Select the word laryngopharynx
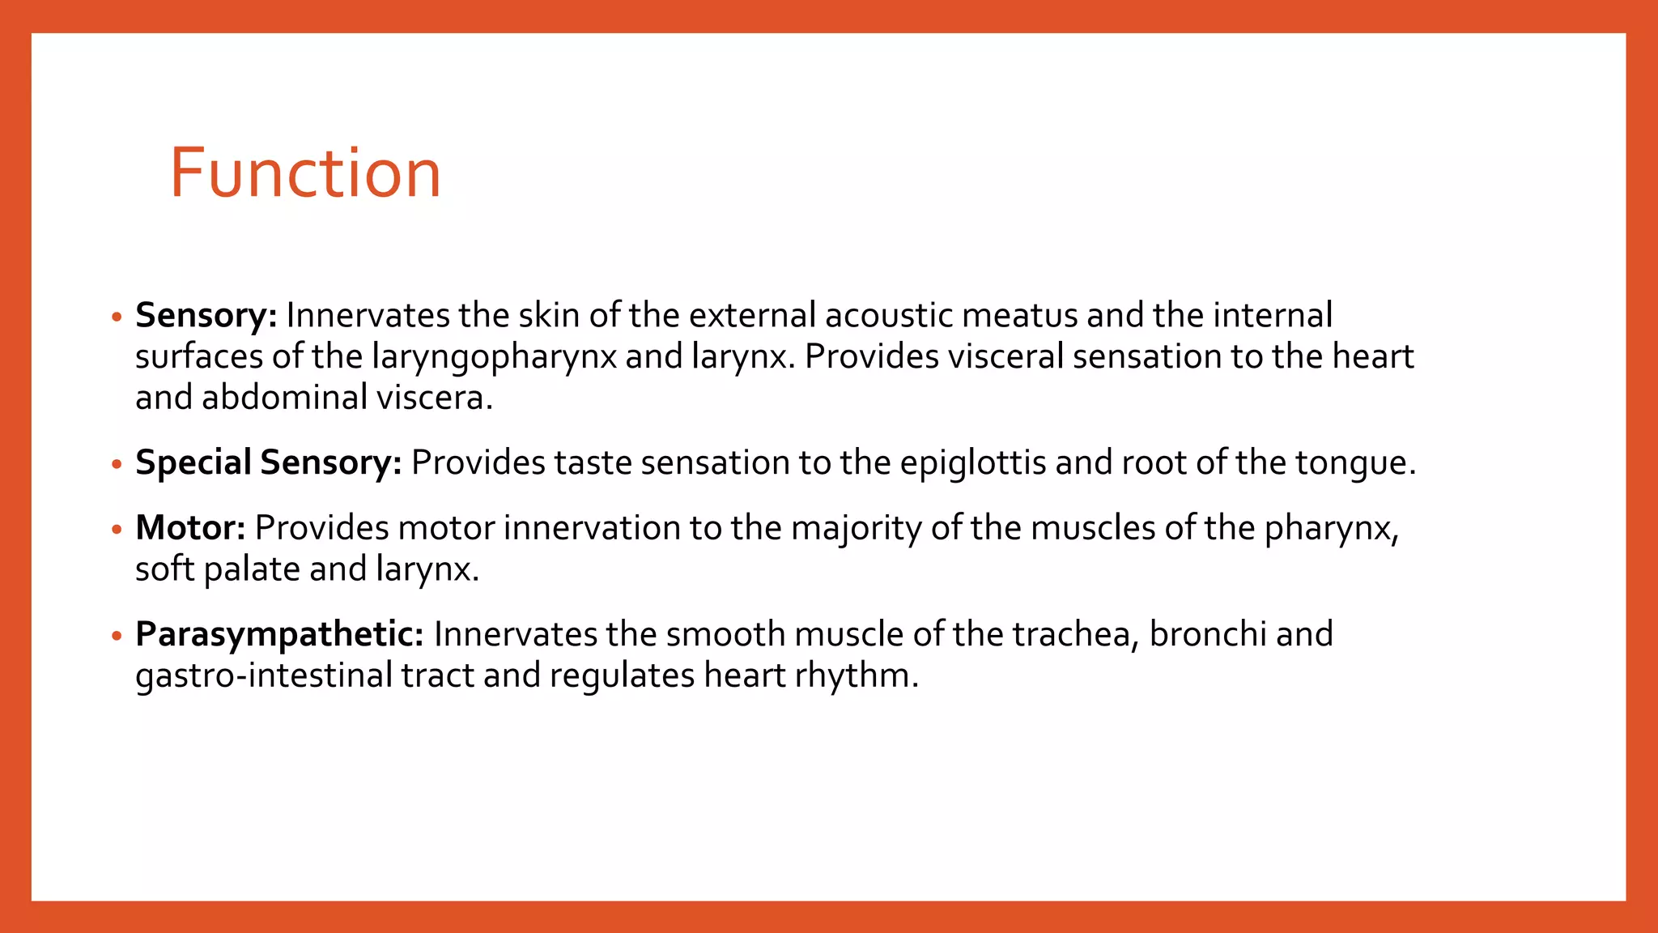pyautogui.click(x=494, y=357)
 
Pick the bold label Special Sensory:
pyautogui.click(x=268, y=462)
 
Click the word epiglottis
pyautogui.click(x=972, y=463)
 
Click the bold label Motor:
pyautogui.click(x=190, y=528)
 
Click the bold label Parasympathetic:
pyautogui.click(x=279, y=635)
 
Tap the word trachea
pyautogui.click(x=1076, y=634)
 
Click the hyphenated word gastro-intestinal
pyautogui.click(x=264, y=675)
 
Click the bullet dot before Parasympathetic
pyautogui.click(x=117, y=636)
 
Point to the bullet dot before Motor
pyautogui.click(x=117, y=530)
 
